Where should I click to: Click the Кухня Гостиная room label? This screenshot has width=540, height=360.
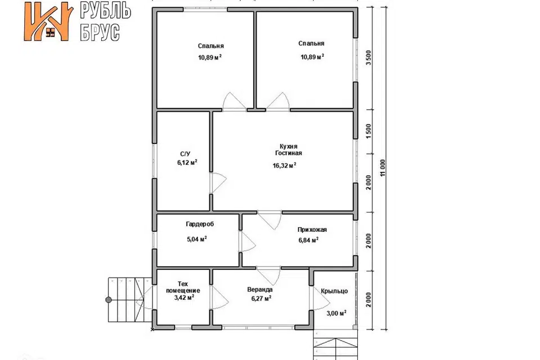point(289,150)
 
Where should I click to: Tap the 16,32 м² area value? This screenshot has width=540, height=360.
point(285,165)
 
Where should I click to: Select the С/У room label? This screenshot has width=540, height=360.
point(185,154)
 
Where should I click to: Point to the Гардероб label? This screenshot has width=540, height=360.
point(200,224)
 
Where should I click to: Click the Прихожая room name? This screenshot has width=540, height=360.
point(312,229)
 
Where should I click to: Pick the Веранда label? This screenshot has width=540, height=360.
point(260,290)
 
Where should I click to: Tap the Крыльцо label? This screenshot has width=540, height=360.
point(334,291)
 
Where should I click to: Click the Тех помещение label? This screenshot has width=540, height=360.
point(183,287)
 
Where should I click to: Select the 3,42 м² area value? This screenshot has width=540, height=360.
point(184,298)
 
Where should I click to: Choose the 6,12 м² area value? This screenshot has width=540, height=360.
point(187,162)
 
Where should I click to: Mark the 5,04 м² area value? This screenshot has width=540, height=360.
point(197,238)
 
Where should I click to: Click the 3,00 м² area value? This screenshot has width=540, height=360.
point(336,313)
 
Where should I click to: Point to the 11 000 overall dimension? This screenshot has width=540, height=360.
point(383,168)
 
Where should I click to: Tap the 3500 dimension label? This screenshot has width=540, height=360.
point(369,58)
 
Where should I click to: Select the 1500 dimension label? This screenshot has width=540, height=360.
point(369,131)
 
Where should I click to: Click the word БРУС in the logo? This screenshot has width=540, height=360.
point(100,33)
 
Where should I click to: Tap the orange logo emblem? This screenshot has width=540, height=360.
point(48,22)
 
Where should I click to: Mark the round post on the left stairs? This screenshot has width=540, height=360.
point(109,300)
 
